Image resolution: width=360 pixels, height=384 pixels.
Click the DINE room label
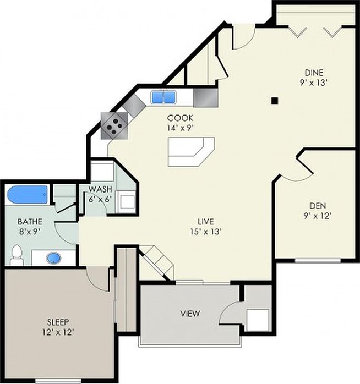click(314, 73)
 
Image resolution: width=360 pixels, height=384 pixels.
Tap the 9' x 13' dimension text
click(314, 83)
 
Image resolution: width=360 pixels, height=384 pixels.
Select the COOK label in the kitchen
click(179, 118)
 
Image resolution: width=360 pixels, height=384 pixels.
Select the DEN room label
click(314, 206)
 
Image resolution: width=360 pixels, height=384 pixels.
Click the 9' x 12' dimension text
click(314, 216)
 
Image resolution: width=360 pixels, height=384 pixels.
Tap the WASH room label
click(100, 189)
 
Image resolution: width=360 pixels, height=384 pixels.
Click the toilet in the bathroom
click(17, 256)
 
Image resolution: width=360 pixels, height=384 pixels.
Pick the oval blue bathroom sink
click(53, 257)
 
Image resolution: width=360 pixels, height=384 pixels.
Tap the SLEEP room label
click(57, 322)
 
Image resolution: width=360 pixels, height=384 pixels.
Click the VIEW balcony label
click(190, 314)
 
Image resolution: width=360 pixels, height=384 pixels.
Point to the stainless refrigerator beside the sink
click(206, 97)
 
